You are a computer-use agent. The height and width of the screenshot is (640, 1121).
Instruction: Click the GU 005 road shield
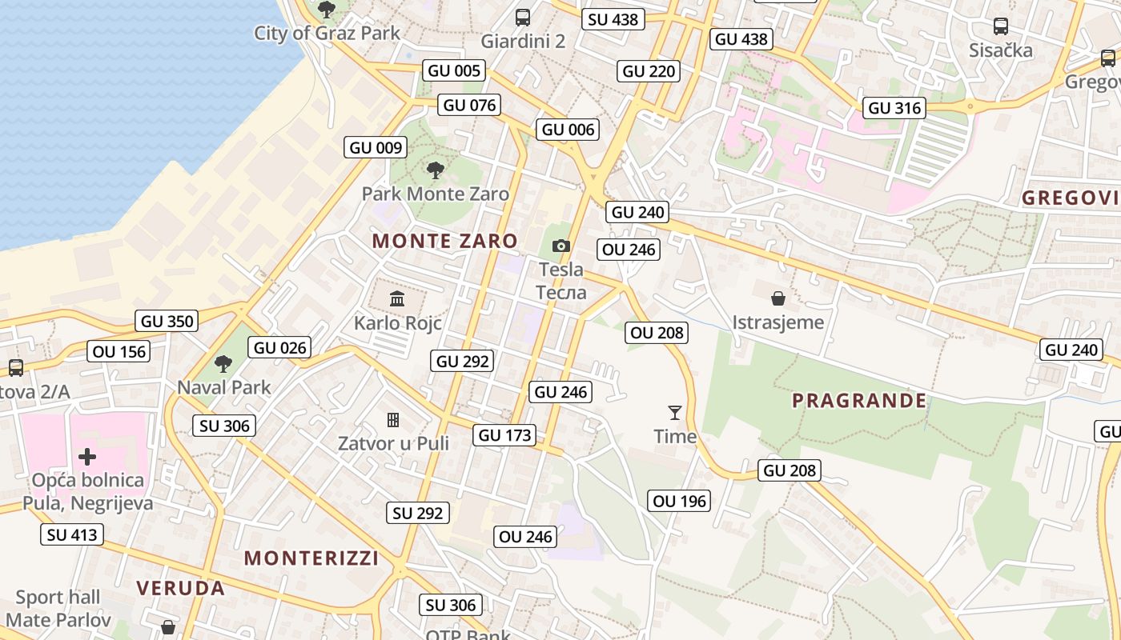pyautogui.click(x=455, y=70)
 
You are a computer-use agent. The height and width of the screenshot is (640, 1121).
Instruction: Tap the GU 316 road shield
pyautogui.click(x=895, y=108)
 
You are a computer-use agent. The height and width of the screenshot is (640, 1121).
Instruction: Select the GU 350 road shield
pyautogui.click(x=167, y=322)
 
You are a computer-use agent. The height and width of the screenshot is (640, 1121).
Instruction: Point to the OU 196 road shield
pyautogui.click(x=680, y=502)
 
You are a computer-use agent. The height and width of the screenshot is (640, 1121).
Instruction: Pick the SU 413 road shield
pyautogui.click(x=72, y=535)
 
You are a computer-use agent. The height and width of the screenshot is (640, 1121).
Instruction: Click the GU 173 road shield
pyautogui.click(x=504, y=435)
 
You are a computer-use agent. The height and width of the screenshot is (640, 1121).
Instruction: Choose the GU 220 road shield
pyautogui.click(x=649, y=71)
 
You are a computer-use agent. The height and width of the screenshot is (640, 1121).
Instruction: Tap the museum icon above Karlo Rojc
pyautogui.click(x=397, y=299)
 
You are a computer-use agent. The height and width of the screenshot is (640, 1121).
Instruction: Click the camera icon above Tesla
pyautogui.click(x=561, y=246)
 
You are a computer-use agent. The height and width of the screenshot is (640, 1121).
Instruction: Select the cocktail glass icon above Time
pyautogui.click(x=675, y=413)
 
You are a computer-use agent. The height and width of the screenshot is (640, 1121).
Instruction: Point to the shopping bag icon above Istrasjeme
pyautogui.click(x=777, y=299)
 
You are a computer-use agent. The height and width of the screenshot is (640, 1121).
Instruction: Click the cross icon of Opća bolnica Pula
pyautogui.click(x=87, y=457)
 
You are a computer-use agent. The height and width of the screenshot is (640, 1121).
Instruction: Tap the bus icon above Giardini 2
pyautogui.click(x=523, y=17)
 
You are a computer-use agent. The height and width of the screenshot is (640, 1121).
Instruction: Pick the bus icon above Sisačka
pyautogui.click(x=1001, y=26)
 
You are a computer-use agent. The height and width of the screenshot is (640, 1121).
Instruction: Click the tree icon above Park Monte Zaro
pyautogui.click(x=436, y=170)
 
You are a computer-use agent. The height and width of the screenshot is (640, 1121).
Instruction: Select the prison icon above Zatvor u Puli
pyautogui.click(x=393, y=419)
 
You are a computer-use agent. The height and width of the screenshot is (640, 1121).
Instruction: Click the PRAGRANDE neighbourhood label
pyautogui.click(x=859, y=401)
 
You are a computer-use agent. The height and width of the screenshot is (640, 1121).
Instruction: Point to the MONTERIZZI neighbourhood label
pyautogui.click(x=311, y=558)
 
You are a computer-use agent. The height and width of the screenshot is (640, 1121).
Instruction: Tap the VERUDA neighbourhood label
pyautogui.click(x=180, y=589)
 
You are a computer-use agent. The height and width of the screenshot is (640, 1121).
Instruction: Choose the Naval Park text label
pyautogui.click(x=224, y=388)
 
